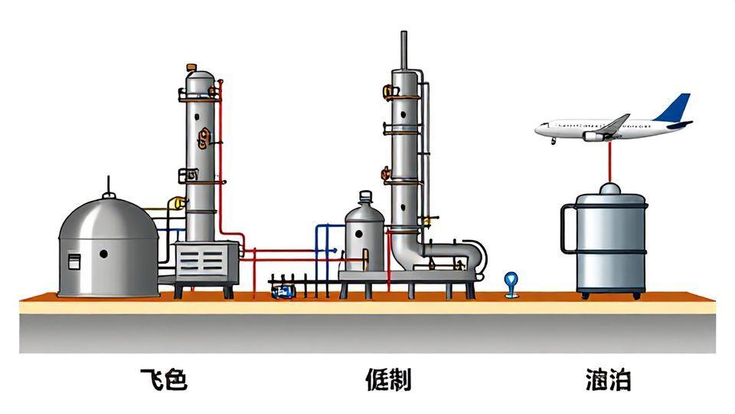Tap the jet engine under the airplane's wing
593,136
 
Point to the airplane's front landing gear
553,140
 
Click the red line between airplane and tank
610,161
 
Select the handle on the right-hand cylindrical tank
567,228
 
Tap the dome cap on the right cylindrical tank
610,189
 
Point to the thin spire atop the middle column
403,50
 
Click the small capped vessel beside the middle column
364,234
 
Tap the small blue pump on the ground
285,291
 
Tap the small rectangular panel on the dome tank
75,261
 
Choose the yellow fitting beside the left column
178,203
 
